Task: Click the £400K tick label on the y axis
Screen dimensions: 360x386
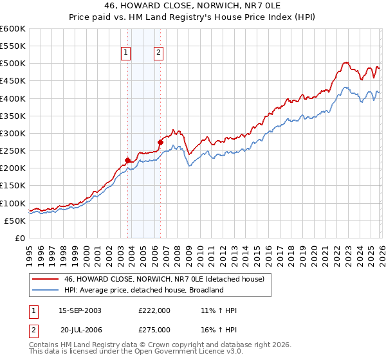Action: tap(12, 98)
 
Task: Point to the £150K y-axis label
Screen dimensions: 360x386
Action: tap(12, 186)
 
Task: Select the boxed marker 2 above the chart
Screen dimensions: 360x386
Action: tap(158, 53)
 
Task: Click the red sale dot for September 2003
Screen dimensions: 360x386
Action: tap(127, 161)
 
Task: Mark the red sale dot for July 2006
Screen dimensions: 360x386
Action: tap(160, 142)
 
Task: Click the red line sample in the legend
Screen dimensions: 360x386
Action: tap(46, 279)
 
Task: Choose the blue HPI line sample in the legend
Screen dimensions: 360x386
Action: tap(46, 290)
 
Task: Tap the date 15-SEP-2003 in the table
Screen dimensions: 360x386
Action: tap(80, 310)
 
